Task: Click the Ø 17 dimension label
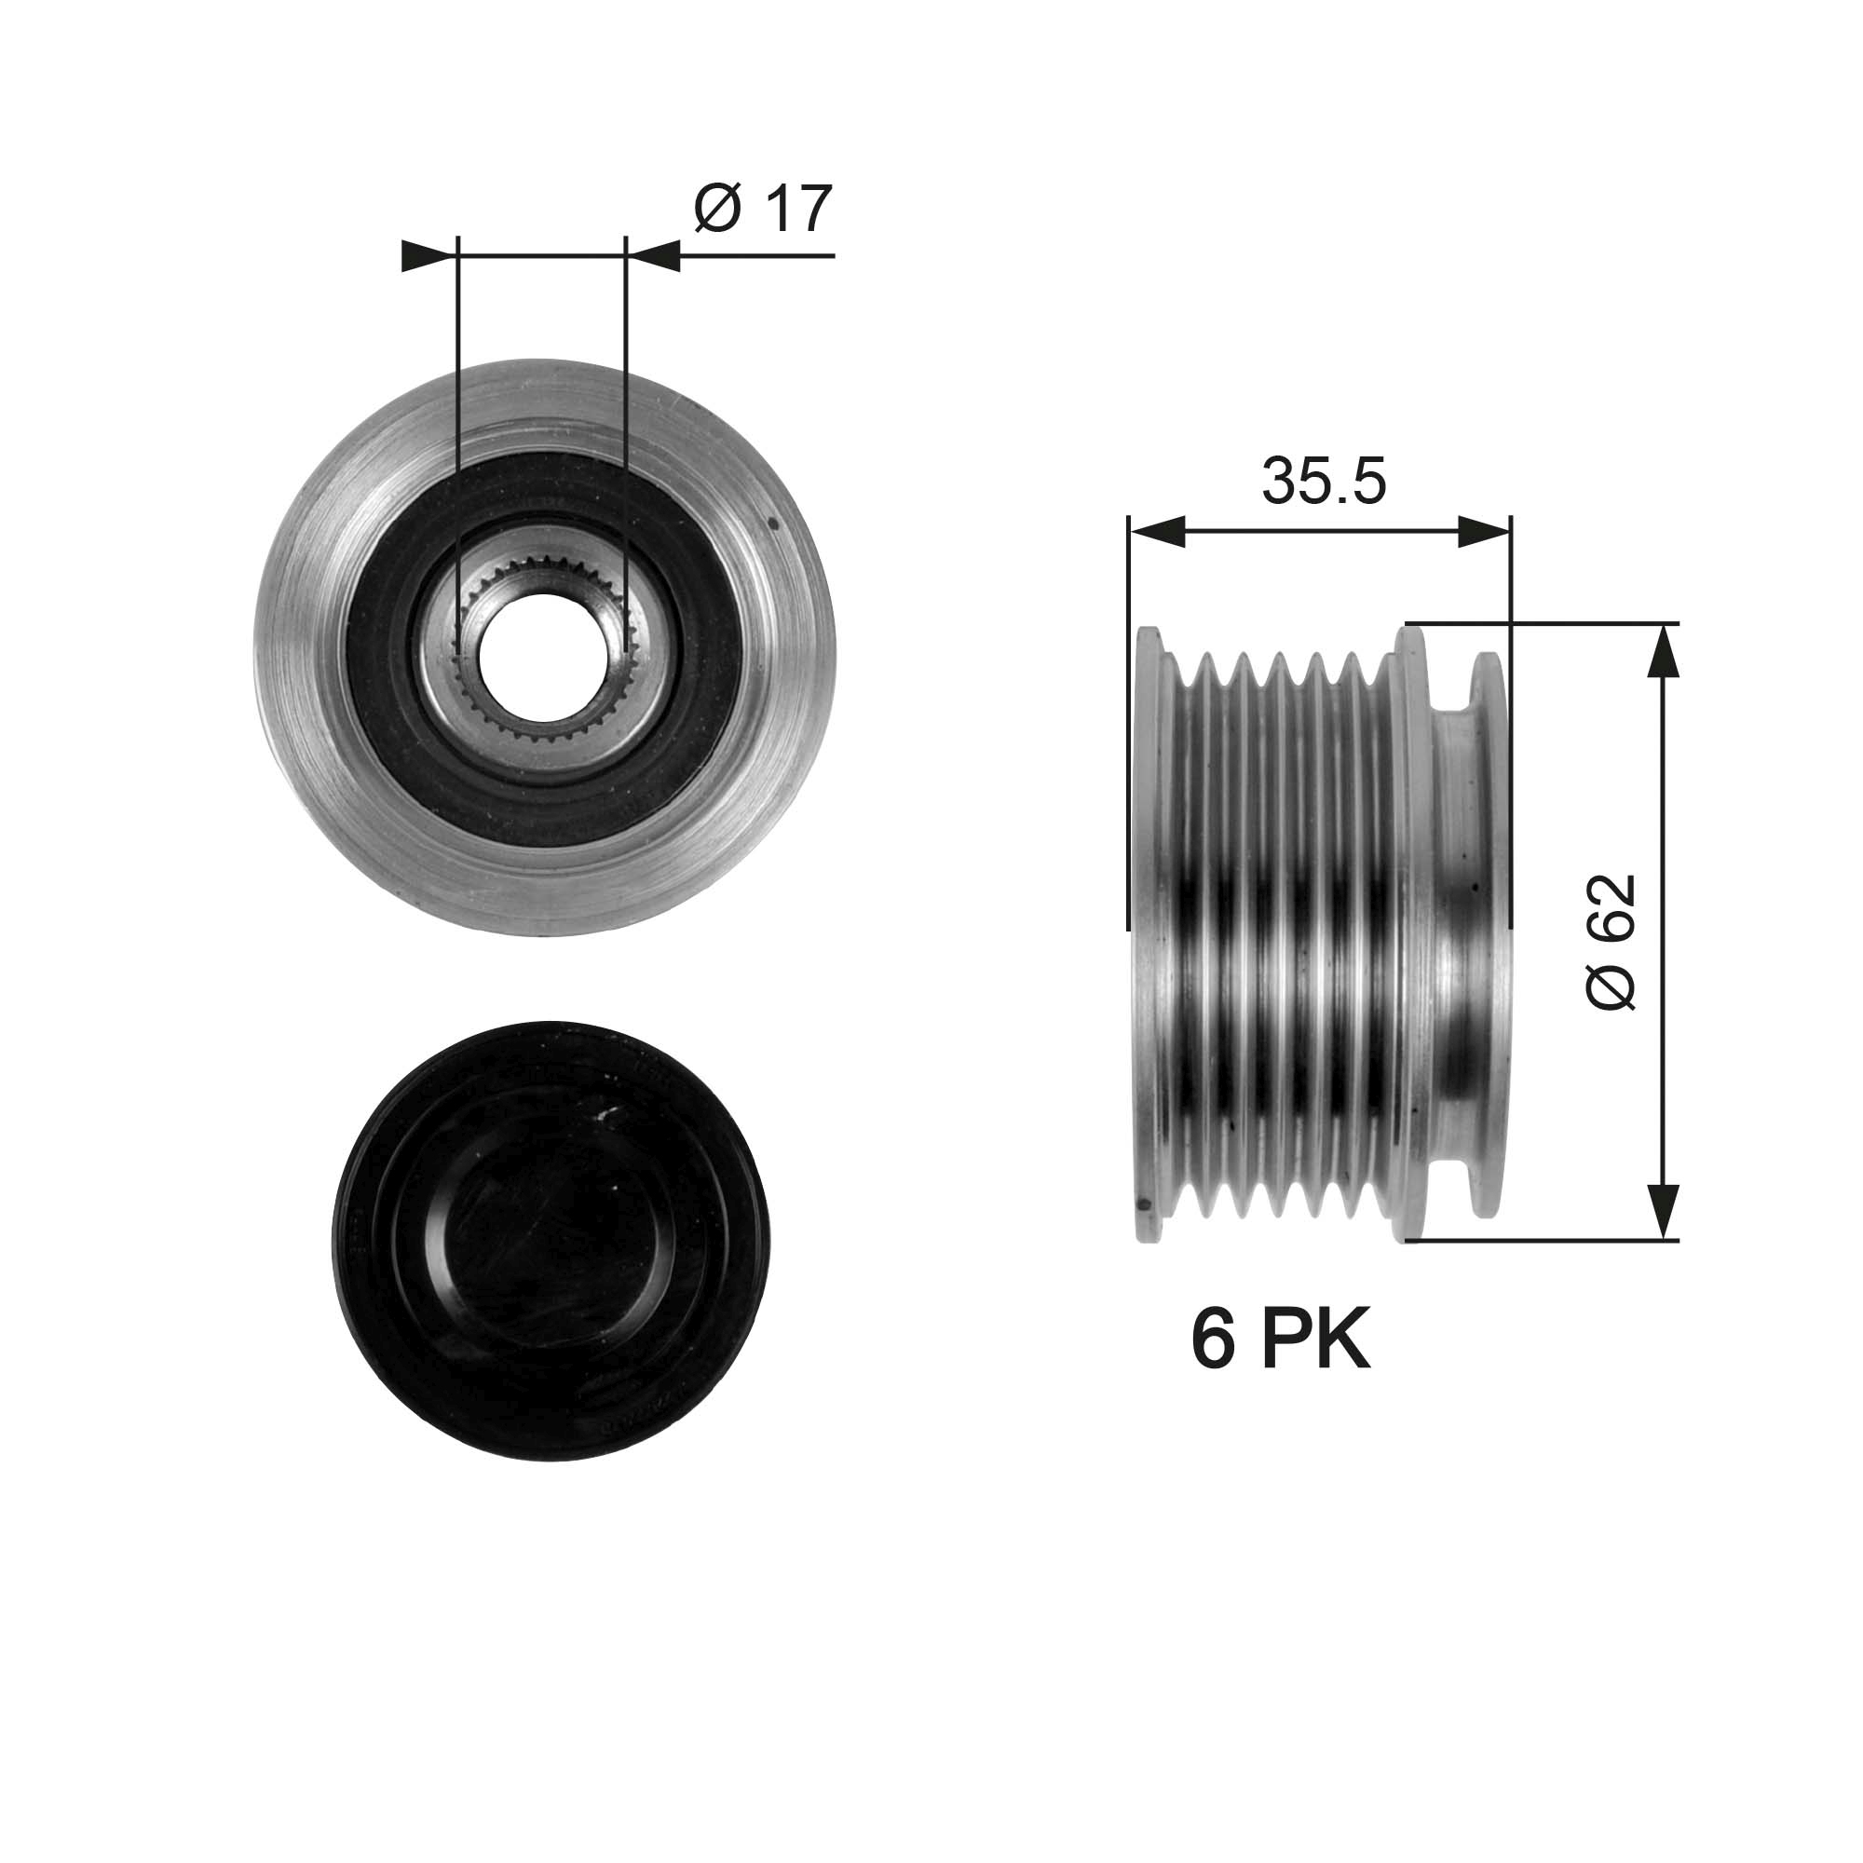click(762, 209)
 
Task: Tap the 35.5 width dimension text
click(1323, 482)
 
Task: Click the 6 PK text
click(1280, 1341)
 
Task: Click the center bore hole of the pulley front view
click(543, 657)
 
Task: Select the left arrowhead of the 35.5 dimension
click(1156, 531)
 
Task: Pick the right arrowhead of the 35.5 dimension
click(1483, 531)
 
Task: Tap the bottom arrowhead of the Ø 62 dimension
click(1662, 1211)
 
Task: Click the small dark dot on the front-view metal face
click(773, 525)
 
